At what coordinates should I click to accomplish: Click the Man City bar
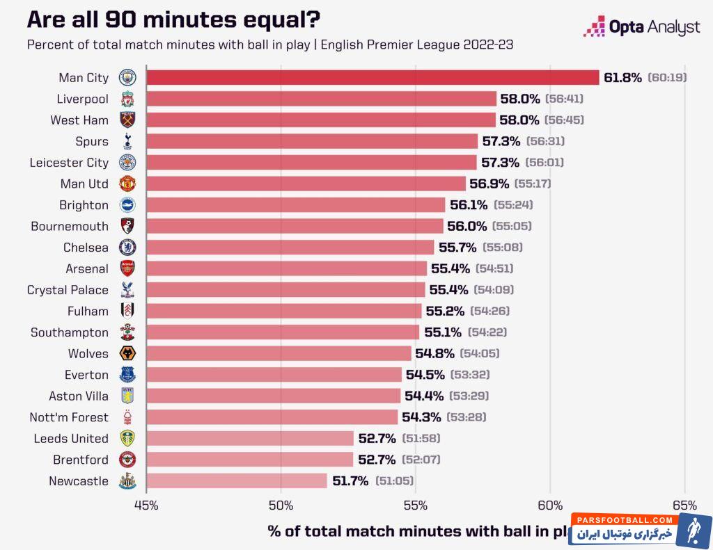pos(373,77)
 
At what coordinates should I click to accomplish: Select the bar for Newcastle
pos(237,481)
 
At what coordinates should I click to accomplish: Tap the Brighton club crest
pos(127,205)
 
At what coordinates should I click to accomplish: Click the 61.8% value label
pos(622,77)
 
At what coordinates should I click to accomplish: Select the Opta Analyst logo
pos(641,28)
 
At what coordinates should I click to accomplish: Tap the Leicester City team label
pos(69,163)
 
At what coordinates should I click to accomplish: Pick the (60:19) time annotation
pos(667,77)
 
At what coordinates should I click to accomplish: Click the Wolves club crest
pos(127,354)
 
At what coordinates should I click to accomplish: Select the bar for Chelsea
pos(290,248)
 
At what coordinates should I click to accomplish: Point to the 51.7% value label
pos(350,481)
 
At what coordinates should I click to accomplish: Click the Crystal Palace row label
pos(68,290)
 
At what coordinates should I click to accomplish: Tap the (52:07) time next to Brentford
pos(420,460)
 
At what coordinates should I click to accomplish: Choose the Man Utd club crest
pos(127,184)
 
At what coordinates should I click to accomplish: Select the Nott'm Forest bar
pos(272,417)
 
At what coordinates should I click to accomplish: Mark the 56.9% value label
pos(489,184)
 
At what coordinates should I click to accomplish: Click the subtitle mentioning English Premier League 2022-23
pos(270,45)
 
